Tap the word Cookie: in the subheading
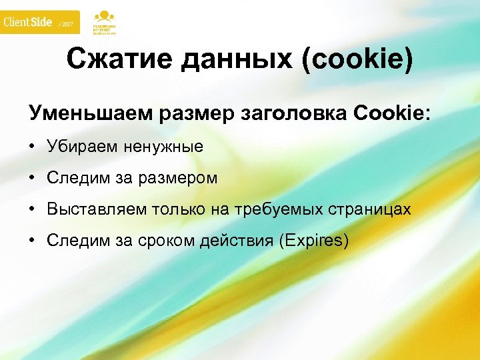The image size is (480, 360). pyautogui.click(x=393, y=113)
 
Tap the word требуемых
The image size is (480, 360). pyautogui.click(x=292, y=209)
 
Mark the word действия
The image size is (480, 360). pyautogui.click(x=237, y=241)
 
